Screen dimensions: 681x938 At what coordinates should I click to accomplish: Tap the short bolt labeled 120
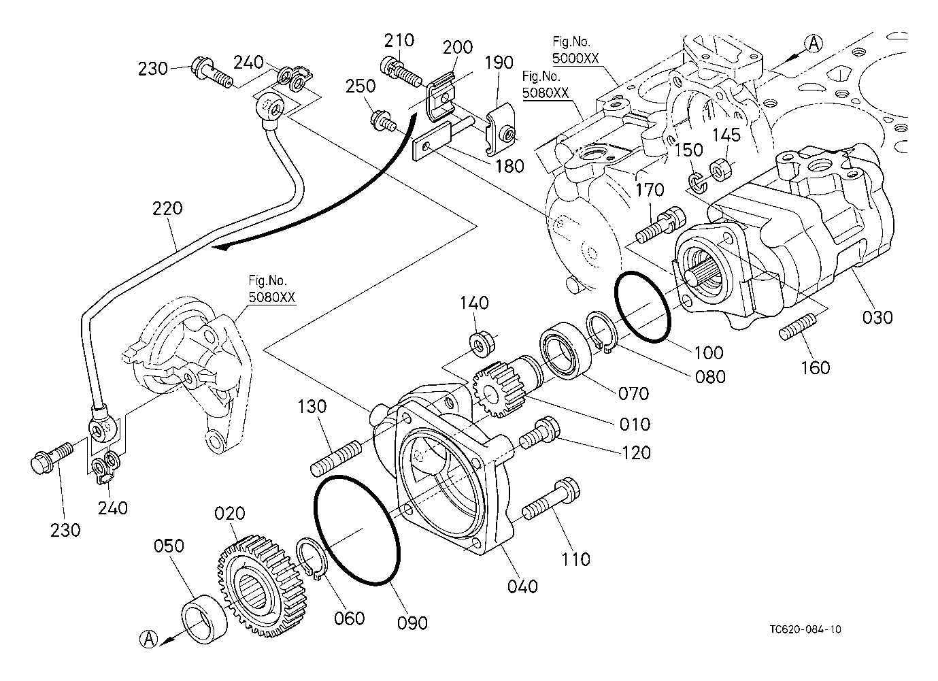tap(539, 433)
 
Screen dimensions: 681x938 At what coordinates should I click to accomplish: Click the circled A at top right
tap(814, 44)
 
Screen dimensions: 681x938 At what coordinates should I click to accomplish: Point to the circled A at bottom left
tap(148, 639)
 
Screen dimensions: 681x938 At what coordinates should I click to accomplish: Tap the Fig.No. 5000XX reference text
tap(575, 50)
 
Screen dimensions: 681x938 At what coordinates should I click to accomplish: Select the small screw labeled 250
tap(382, 122)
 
